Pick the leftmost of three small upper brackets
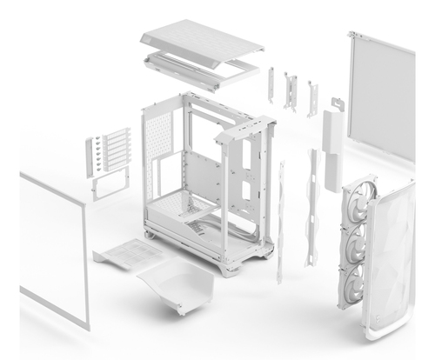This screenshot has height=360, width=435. coord(271,87)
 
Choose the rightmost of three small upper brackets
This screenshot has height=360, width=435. coord(311,96)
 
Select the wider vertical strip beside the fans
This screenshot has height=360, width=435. coord(311,209)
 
